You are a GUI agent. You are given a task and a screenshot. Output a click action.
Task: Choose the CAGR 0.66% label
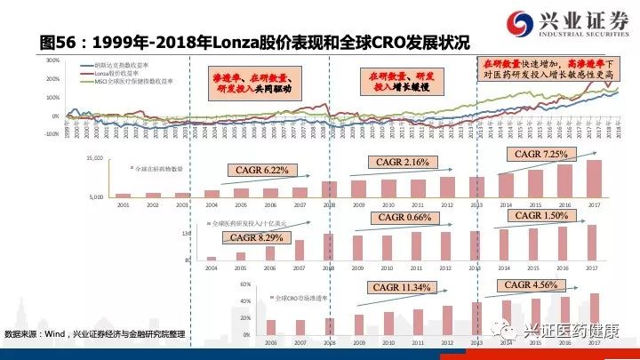click(405, 218)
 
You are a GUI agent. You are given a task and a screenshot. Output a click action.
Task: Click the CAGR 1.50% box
click(541, 216)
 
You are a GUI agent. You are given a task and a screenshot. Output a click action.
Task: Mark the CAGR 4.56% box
click(531, 284)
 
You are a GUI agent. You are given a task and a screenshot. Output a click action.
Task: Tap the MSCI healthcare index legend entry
click(133, 80)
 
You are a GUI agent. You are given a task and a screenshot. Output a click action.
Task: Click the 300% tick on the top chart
click(52, 60)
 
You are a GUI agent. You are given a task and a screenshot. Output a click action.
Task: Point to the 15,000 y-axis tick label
click(95, 158)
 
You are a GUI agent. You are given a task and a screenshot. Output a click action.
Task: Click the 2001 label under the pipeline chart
click(124, 204)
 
